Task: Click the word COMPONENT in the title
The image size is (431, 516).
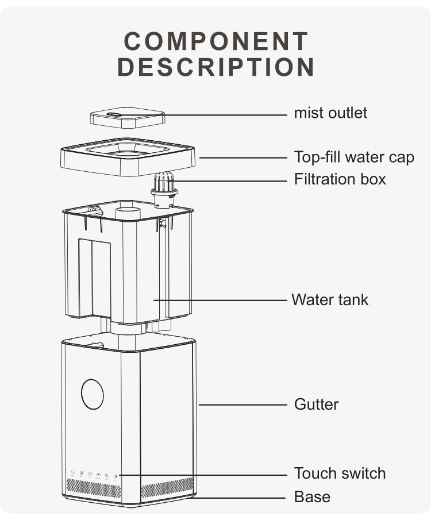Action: click(x=216, y=41)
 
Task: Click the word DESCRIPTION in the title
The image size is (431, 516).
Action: click(x=216, y=67)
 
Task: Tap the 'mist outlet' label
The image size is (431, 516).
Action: click(x=330, y=113)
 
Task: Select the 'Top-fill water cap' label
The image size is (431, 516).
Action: click(x=353, y=157)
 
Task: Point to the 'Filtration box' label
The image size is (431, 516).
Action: click(x=340, y=179)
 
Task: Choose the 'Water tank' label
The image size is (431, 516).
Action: click(x=329, y=299)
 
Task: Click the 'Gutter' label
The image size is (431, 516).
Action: click(x=316, y=404)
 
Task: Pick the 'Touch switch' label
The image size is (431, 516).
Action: click(x=340, y=473)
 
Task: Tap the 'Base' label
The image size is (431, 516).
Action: click(x=312, y=496)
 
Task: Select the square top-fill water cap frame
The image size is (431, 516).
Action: click(x=128, y=157)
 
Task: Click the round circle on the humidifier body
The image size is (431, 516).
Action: click(x=92, y=394)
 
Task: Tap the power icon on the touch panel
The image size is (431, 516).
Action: click(x=73, y=472)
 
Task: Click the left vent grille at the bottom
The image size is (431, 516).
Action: click(x=94, y=488)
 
